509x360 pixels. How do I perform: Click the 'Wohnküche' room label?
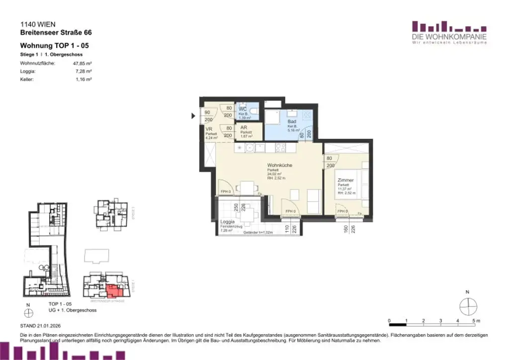[279, 165]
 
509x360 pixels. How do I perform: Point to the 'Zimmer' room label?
[345, 180]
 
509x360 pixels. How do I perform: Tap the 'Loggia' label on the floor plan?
[227, 222]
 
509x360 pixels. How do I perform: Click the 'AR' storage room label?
[244, 128]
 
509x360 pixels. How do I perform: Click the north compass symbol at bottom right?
[468, 306]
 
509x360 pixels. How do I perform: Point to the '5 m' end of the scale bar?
[476, 320]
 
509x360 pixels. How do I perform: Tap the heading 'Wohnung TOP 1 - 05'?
[55, 46]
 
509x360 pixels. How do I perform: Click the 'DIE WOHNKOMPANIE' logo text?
[449, 37]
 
